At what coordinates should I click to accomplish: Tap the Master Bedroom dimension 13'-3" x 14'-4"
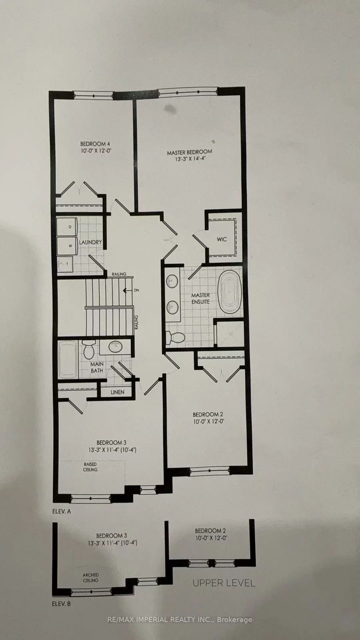click(x=189, y=159)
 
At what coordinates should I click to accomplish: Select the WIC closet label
click(x=222, y=239)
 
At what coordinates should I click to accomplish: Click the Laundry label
click(x=90, y=242)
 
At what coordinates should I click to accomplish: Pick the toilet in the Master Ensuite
click(x=176, y=337)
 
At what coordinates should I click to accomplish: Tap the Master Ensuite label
click(x=200, y=298)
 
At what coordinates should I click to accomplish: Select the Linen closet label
click(x=117, y=392)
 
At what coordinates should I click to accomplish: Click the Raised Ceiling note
click(x=90, y=467)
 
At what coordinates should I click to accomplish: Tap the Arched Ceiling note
click(x=91, y=577)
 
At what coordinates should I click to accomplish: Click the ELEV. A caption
click(x=62, y=511)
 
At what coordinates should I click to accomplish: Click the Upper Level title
click(x=224, y=583)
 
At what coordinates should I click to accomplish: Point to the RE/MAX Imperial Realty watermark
click(x=180, y=620)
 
